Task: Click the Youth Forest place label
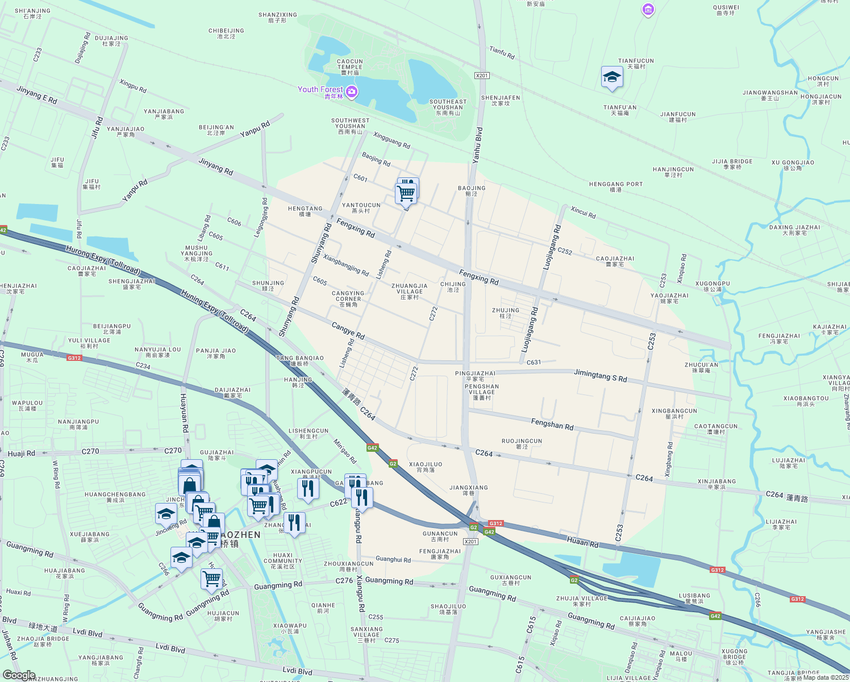click(x=320, y=89)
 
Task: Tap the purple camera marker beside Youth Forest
click(x=352, y=92)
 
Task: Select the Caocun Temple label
click(x=349, y=66)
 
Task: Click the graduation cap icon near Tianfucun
click(x=611, y=77)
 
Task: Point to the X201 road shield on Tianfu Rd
click(x=482, y=76)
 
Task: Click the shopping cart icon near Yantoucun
click(x=406, y=193)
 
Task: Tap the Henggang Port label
click(x=616, y=186)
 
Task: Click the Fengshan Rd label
click(x=552, y=424)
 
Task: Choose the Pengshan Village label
click(x=481, y=392)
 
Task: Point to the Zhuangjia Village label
click(x=409, y=291)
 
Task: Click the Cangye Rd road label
click(x=348, y=330)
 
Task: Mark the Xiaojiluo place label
click(x=425, y=467)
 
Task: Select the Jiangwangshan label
click(x=770, y=95)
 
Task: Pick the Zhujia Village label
click(x=582, y=601)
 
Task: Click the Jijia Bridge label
click(x=732, y=164)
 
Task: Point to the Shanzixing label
click(x=277, y=17)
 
